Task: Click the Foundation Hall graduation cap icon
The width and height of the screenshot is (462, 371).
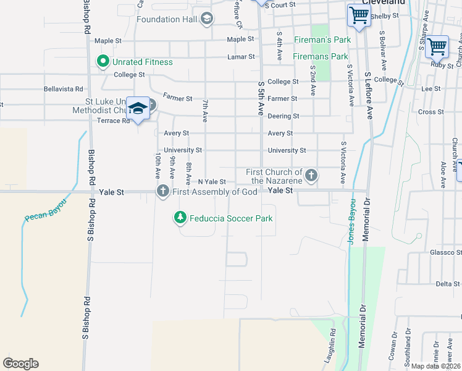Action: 207,19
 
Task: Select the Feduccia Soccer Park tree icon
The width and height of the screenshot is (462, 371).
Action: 180,217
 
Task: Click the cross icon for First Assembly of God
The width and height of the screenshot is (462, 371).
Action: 163,191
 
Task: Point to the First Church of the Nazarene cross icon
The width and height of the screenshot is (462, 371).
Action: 311,176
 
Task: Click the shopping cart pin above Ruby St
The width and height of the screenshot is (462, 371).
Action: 437,46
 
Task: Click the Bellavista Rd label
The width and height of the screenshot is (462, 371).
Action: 63,89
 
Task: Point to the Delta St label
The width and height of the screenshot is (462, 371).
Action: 448,284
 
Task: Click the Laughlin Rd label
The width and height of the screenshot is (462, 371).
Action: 332,349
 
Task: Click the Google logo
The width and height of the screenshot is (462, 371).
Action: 20,364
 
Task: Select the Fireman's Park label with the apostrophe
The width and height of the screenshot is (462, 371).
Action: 330,40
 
